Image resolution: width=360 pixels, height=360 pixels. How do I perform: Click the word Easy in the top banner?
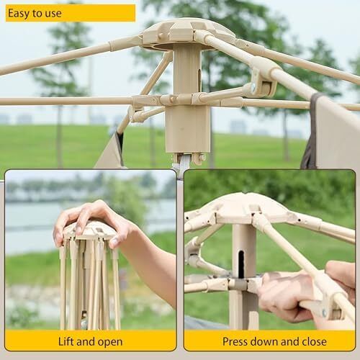19,13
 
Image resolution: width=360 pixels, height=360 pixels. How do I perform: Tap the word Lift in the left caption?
66,341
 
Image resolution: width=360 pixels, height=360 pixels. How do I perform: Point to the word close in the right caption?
314,341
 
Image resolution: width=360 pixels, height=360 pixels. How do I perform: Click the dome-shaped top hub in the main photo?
189,34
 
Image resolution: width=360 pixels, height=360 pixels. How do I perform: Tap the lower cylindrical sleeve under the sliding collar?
188,129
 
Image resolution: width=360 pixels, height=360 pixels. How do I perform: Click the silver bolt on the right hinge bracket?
253,88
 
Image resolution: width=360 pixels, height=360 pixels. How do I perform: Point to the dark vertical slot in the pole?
241,265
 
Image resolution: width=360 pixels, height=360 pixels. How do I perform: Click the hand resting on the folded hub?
91,223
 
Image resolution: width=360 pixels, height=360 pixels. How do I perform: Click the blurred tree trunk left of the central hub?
59,135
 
